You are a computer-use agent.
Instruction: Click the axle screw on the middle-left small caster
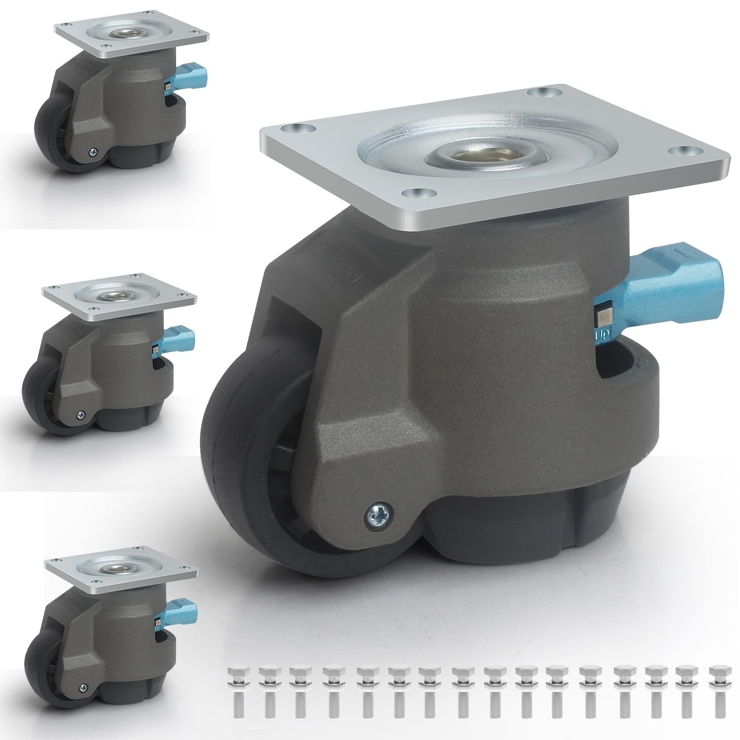[79, 415]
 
